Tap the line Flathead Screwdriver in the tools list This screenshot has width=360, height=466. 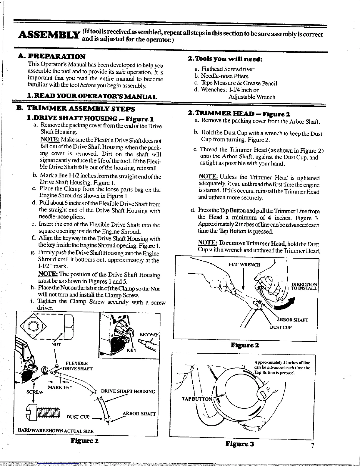pyautogui.click(x=225, y=69)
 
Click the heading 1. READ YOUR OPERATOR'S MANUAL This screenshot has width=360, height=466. pyautogui.click(x=91, y=96)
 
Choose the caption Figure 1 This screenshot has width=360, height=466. pyautogui.click(x=84, y=441)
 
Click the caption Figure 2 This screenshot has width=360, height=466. pyautogui.click(x=245, y=344)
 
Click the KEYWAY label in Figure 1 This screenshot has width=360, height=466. pyautogui.click(x=149, y=335)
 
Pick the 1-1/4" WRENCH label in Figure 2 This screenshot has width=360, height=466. pyautogui.click(x=244, y=264)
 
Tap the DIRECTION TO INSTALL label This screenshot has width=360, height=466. pyautogui.click(x=304, y=286)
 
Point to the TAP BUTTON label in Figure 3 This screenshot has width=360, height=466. pyautogui.click(x=197, y=399)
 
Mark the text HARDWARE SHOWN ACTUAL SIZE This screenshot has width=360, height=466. pyautogui.click(x=56, y=431)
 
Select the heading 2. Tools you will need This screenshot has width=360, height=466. pyautogui.click(x=225, y=59)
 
